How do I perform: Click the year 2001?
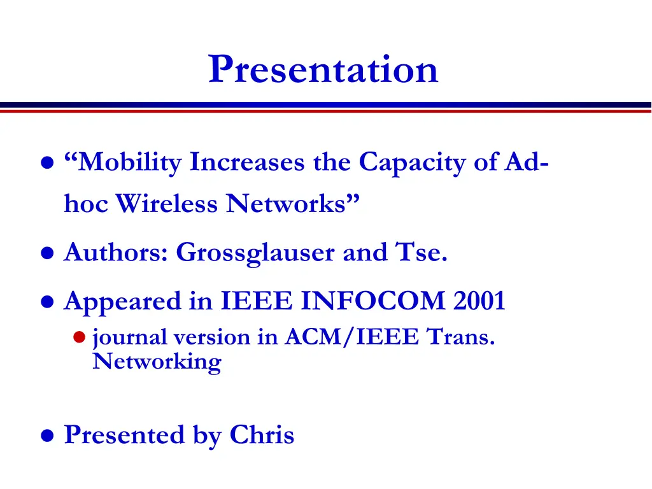pyautogui.click(x=479, y=301)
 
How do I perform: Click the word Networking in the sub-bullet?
pyautogui.click(x=157, y=362)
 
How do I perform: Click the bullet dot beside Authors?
pyautogui.click(x=46, y=254)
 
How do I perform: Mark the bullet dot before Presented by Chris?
pyautogui.click(x=46, y=436)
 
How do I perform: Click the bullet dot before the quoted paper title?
pyautogui.click(x=46, y=164)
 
